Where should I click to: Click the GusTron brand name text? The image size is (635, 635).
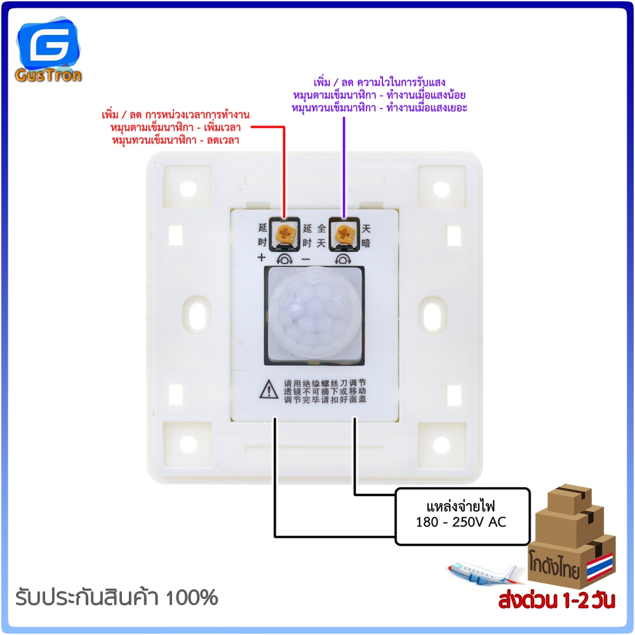coord(49,76)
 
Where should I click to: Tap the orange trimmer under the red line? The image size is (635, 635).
coord(286,234)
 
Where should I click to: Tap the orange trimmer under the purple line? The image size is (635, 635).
coord(344,234)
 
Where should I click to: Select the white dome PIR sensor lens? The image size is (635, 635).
coord(315,314)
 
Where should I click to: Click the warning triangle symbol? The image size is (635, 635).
coord(269,390)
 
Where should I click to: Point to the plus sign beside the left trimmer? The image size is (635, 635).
coord(262,257)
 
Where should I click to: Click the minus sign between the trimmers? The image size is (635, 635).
coord(306,259)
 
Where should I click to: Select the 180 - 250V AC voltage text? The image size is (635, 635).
coord(461,522)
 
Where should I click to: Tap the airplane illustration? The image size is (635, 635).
coord(481,572)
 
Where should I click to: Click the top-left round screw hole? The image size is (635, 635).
coord(188,189)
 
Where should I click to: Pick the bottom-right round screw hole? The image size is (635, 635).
coord(441,444)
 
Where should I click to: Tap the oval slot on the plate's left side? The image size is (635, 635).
coord(197,314)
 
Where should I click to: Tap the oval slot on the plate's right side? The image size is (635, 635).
coord(432,314)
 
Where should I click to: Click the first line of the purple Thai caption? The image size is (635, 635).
coord(380,82)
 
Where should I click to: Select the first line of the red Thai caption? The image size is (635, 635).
coord(175,114)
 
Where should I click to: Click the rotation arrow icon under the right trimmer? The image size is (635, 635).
coord(344,259)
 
